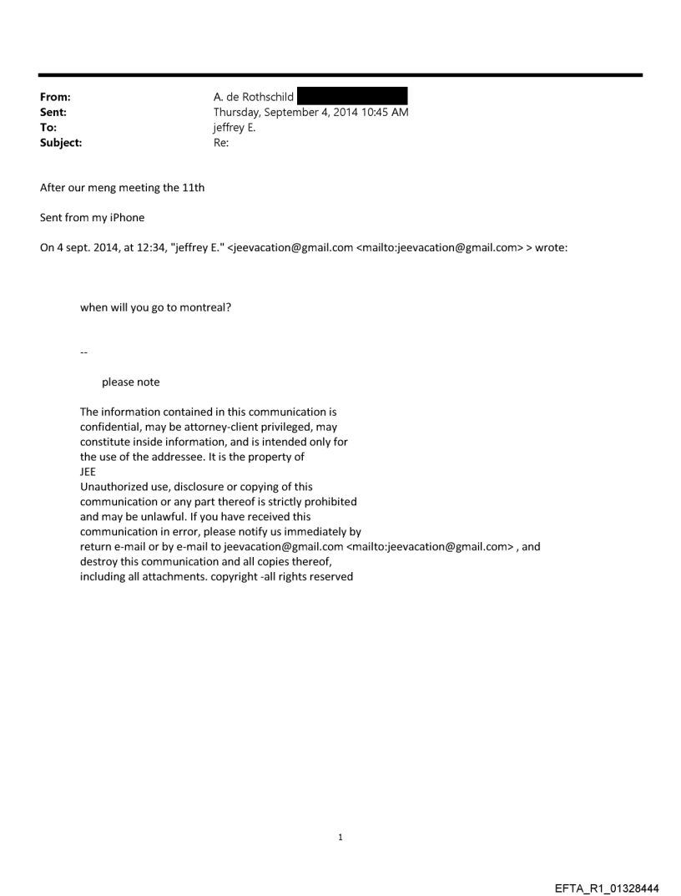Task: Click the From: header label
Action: pos(55,97)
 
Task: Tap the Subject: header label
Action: pos(61,143)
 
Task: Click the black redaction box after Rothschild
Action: pos(352,96)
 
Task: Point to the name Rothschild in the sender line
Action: pos(266,97)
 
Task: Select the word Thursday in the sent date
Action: pos(237,112)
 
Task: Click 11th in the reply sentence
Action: pos(194,188)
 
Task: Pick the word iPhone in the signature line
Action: pos(126,218)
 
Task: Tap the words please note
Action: pos(130,382)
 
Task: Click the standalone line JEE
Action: pos(88,472)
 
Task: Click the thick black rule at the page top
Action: pos(340,75)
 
